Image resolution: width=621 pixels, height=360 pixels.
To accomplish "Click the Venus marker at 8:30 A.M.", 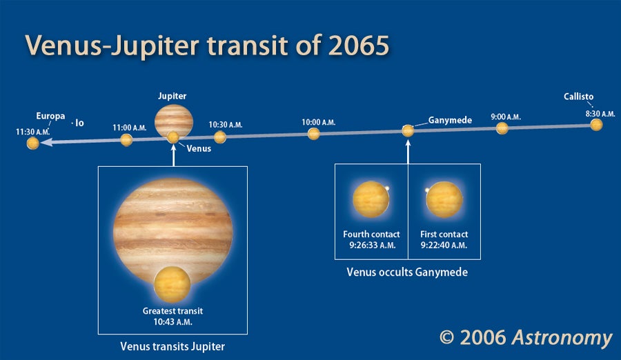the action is pos(596,125).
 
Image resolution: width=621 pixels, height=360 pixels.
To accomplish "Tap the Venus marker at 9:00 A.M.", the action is pos(502,128).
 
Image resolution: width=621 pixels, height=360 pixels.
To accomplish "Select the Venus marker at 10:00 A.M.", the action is pos(313,134).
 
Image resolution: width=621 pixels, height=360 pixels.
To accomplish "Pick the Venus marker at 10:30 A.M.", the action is pos(220,137).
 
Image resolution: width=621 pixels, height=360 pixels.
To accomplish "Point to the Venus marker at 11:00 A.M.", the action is pos(126,140).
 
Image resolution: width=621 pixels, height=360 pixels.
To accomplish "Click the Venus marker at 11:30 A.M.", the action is pos(33,143).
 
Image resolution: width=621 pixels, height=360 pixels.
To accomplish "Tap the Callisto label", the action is pos(578,97).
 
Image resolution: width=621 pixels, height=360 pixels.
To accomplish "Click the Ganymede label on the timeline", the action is pos(450,120).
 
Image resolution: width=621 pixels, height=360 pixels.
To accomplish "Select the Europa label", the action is pos(50,116).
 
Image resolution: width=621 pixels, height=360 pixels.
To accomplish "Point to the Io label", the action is pos(79,123).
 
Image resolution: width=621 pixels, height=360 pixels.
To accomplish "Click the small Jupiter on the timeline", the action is pos(173,121).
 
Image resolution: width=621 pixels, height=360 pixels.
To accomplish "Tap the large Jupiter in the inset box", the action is pos(172,231).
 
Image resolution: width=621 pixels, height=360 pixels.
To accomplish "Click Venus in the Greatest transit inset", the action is pos(172,284).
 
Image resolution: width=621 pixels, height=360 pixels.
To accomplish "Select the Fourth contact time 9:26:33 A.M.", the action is pos(373,245).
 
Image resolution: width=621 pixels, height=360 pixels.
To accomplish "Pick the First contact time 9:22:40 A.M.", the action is pos(444,245).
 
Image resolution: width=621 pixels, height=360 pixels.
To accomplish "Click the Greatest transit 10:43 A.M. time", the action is pos(172,322).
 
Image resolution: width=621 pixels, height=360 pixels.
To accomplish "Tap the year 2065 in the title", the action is pos(358,45).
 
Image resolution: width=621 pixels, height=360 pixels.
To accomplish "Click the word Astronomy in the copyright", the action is pos(562,338).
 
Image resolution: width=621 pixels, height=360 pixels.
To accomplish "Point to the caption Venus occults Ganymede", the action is pos(407,272).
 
